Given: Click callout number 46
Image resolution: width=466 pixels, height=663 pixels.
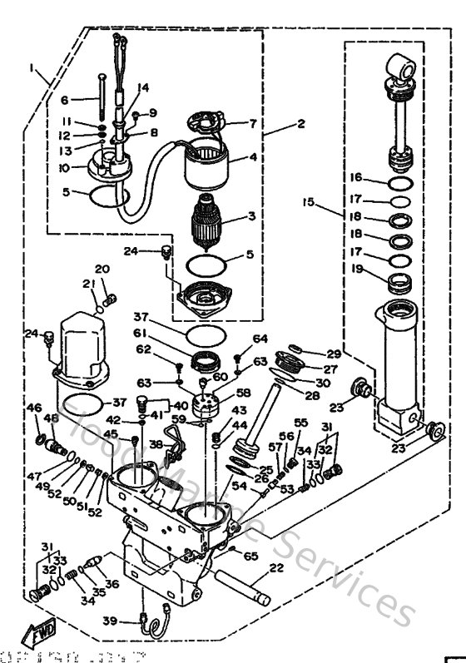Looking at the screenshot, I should (33, 408).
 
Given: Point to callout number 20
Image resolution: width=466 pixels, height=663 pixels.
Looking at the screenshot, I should (102, 269).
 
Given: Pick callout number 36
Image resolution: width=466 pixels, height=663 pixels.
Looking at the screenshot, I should (111, 584).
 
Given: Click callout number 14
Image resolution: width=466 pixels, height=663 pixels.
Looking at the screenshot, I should (142, 87).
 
